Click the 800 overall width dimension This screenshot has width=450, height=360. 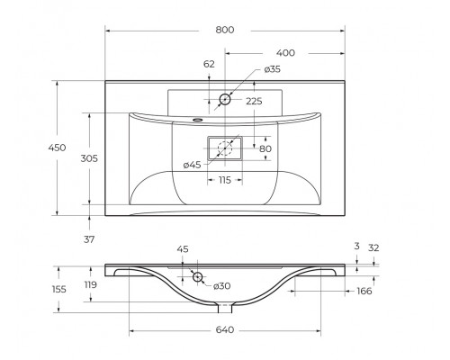pos(225,30)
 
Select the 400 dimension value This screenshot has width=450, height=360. pos(285,53)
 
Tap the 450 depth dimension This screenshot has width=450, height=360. pos(57,148)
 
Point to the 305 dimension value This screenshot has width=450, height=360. pos(89,158)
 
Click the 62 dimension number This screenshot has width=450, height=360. pos(209,64)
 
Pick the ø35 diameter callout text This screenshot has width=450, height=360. pos(273,69)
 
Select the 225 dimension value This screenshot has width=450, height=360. pos(254,102)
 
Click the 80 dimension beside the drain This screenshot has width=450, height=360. pos(265,148)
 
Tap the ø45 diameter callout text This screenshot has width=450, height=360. pos(192,165)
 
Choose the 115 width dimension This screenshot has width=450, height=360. pos(225,180)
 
